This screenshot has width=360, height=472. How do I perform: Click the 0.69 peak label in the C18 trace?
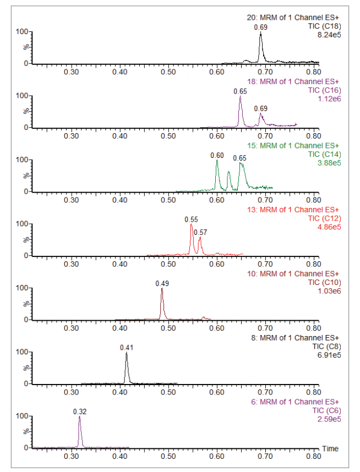[260, 27]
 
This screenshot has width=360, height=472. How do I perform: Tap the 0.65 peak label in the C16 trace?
[240, 91]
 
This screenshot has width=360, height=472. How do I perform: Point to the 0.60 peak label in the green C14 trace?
[217, 156]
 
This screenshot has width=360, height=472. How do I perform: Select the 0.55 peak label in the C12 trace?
[191, 219]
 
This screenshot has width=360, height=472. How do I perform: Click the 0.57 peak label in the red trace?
[201, 232]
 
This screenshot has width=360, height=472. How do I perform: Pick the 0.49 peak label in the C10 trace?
[162, 283]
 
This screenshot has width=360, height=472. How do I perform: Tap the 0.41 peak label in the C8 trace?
[127, 348]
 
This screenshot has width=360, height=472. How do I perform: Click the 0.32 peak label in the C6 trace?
[80, 411]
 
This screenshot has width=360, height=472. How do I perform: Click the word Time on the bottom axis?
[330, 449]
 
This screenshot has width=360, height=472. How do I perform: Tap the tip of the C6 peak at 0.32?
[80, 416]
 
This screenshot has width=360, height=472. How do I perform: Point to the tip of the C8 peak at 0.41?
[127, 353]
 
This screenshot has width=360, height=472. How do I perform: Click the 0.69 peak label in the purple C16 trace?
[260, 109]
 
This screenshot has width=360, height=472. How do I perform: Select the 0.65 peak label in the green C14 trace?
[240, 158]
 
